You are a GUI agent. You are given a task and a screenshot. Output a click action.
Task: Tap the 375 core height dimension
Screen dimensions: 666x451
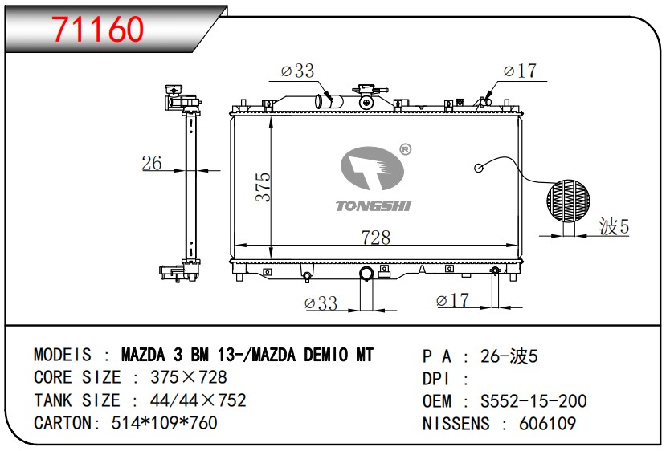[264, 187]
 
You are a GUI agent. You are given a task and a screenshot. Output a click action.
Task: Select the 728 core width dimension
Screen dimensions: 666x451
[376, 238]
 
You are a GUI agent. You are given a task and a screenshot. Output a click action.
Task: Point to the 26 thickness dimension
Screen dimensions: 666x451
[152, 163]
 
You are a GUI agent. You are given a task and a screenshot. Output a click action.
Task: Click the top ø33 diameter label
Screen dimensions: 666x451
[298, 71]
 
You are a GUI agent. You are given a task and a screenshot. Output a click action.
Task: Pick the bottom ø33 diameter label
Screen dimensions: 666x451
[321, 303]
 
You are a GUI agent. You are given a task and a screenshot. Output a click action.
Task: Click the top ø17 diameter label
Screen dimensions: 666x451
[520, 71]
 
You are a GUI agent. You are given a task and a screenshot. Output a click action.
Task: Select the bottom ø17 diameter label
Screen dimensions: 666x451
[452, 300]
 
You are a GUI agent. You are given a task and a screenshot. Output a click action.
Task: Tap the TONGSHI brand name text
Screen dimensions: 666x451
[374, 206]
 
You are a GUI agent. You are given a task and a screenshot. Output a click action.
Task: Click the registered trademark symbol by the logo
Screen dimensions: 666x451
[406, 149]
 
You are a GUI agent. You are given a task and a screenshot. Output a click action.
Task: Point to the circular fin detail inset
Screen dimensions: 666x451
[568, 201]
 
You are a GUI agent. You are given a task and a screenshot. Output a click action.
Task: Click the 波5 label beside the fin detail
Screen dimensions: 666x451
[614, 226]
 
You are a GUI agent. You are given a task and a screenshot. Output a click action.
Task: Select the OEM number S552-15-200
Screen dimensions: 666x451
[533, 401]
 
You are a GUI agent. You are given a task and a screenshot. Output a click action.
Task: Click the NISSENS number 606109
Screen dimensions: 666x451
[547, 424]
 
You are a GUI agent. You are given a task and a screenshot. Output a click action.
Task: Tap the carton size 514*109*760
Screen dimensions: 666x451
[165, 423]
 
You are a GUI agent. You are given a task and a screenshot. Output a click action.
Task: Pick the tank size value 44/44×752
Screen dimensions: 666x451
[198, 400]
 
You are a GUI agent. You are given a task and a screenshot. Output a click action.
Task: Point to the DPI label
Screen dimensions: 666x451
[435, 379]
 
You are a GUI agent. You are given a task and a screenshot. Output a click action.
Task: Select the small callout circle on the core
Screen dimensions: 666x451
[479, 168]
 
